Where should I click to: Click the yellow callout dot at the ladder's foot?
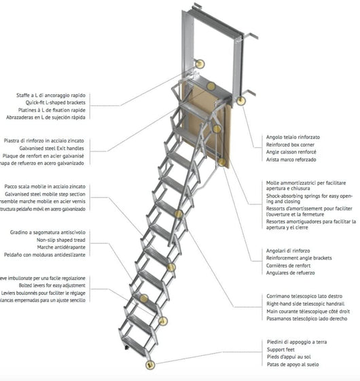click(149, 365)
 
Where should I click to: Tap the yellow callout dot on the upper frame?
click(200, 63)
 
